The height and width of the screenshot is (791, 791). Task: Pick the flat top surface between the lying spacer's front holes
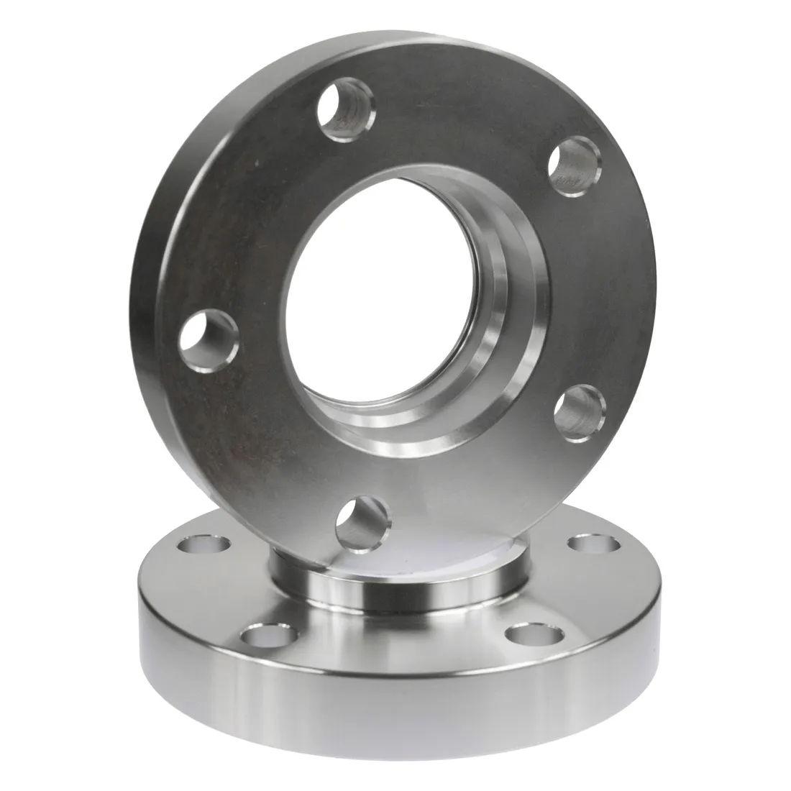[395, 647]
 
